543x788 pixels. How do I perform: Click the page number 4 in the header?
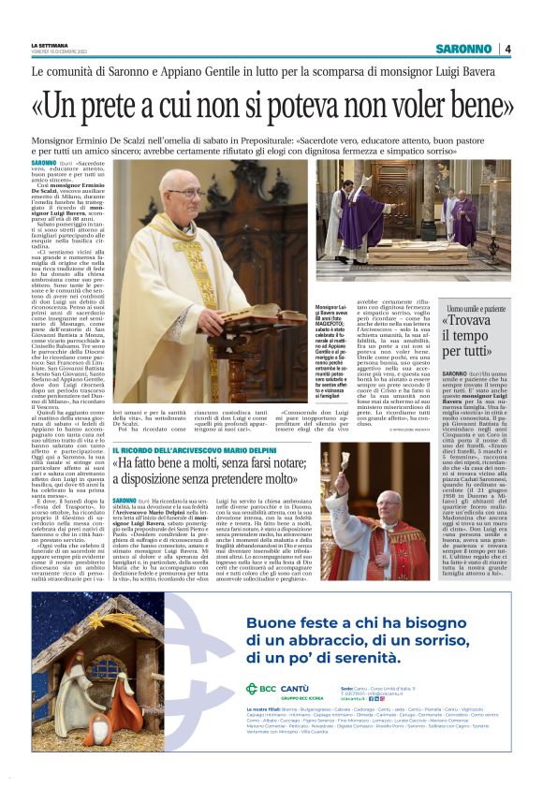click(507, 49)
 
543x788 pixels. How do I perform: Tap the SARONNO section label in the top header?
click(462, 49)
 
